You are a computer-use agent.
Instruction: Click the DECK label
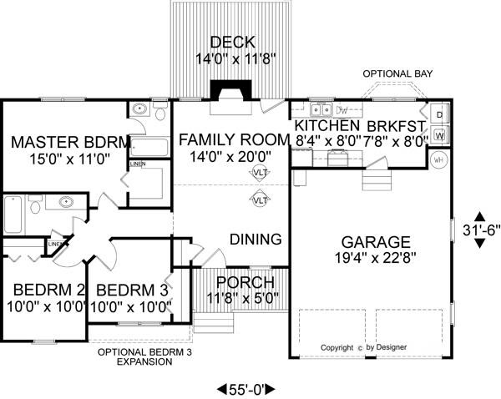coord(226,42)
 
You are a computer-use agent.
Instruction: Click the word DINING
coord(256,240)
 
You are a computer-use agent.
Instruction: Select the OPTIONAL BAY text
coord(398,73)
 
